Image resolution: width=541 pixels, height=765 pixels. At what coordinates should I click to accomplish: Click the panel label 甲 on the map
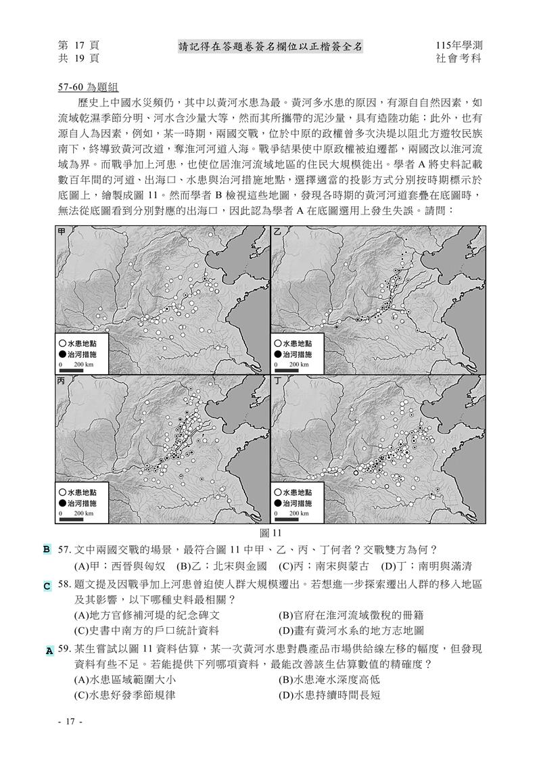(62, 231)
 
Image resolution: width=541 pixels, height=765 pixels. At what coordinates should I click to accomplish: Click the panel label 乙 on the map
(277, 231)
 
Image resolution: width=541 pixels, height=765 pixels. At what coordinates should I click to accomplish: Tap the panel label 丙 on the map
(62, 381)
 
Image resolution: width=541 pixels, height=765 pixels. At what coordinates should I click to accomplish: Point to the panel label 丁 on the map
(277, 381)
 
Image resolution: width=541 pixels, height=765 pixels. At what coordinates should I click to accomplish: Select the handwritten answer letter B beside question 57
(47, 549)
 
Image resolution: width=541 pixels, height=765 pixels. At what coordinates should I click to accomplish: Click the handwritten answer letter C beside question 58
(47, 586)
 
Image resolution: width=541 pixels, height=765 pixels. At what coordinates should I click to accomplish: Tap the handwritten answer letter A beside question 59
(49, 651)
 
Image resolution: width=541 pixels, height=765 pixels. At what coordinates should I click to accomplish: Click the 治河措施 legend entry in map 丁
(296, 504)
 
